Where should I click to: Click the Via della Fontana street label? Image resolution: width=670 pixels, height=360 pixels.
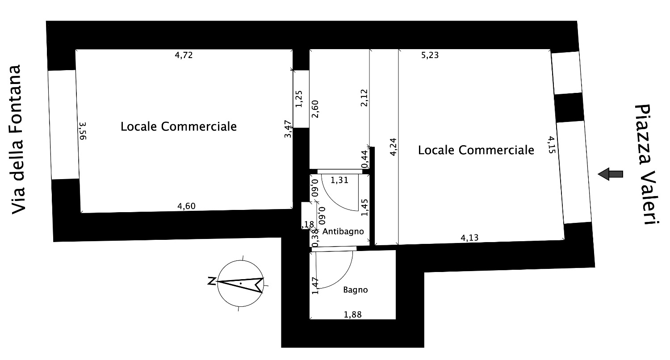point(16,139)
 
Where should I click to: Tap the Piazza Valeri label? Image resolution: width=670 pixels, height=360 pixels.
point(647,164)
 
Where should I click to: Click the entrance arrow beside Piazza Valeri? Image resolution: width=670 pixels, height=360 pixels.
point(611,174)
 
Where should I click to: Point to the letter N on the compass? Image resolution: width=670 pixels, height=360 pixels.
point(212,281)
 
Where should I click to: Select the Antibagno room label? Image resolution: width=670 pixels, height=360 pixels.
point(343,231)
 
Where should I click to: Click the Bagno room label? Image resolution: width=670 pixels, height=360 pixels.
point(356,290)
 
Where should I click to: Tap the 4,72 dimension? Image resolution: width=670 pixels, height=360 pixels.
point(184,55)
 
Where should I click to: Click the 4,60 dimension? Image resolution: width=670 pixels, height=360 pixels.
point(186,206)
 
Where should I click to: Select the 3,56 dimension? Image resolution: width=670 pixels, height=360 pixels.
point(83,131)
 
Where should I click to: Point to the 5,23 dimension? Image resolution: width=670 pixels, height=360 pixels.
point(430,55)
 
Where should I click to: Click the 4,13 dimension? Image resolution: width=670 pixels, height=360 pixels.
point(469,238)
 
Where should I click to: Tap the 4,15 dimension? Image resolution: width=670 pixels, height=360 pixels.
point(552,145)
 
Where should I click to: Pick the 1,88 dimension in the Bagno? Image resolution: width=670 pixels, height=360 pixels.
point(353,314)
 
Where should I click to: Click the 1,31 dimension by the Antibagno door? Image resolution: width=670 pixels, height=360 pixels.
point(339,180)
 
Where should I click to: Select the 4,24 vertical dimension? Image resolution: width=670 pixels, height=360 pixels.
point(393,147)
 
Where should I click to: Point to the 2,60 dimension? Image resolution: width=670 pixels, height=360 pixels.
point(315,109)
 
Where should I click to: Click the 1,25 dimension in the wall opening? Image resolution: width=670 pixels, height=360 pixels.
point(299,99)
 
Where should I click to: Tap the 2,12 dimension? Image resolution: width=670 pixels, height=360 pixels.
point(364,98)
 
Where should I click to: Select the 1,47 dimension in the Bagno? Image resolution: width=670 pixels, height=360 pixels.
point(315,286)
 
